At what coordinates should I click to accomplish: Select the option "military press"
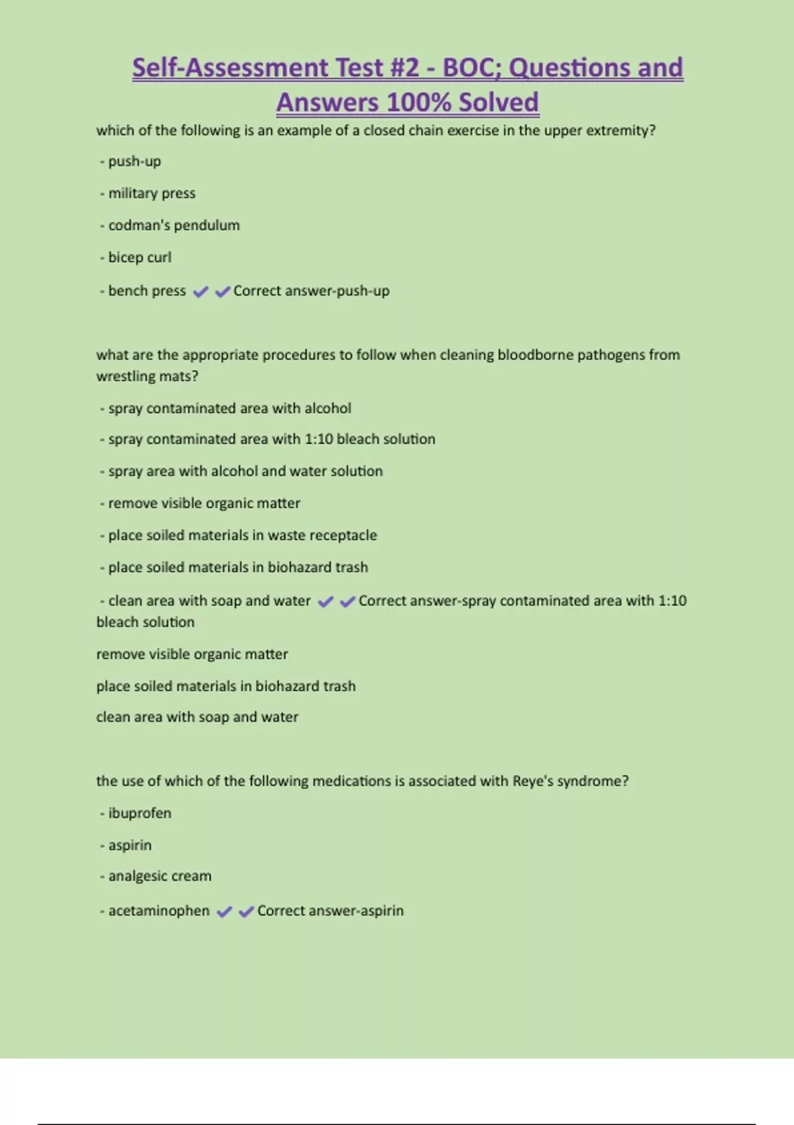152,193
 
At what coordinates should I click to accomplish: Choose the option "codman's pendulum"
173,225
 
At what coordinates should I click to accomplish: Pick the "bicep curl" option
140,257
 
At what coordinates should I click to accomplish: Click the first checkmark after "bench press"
200,292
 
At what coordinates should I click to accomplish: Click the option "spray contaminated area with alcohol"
229,408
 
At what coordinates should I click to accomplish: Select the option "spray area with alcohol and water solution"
245,471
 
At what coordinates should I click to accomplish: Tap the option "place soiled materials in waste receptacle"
242,535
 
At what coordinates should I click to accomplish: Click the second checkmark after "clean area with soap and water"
347,602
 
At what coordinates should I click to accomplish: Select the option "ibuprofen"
140,813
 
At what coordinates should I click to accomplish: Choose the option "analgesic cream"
159,876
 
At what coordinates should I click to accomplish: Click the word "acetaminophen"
159,911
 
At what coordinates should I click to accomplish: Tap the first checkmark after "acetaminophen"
224,912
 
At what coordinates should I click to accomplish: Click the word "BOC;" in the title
470,68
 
